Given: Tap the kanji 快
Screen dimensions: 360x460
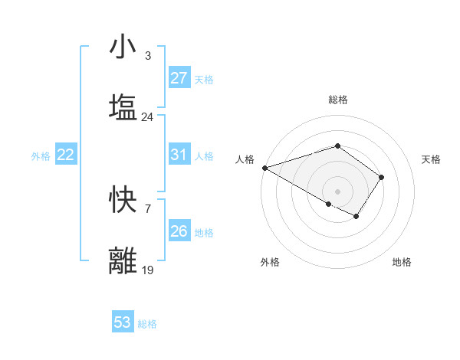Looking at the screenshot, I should pyautogui.click(x=123, y=201).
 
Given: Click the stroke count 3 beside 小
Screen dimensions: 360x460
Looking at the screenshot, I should pyautogui.click(x=147, y=56).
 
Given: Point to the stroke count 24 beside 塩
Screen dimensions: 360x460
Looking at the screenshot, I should pyautogui.click(x=147, y=117).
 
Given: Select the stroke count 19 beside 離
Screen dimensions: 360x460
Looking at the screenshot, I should pyautogui.click(x=147, y=270).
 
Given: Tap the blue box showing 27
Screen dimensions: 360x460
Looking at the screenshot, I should pyautogui.click(x=179, y=78).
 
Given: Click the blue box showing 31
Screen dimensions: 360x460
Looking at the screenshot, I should pyautogui.click(x=179, y=155).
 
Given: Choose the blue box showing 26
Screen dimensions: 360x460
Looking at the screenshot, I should pyautogui.click(x=179, y=231).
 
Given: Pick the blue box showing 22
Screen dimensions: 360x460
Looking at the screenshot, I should pyautogui.click(x=65, y=155).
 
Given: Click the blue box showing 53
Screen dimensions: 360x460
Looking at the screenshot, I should pyautogui.click(x=123, y=322).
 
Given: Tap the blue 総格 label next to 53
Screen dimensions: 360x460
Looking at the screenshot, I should pyautogui.click(x=147, y=324).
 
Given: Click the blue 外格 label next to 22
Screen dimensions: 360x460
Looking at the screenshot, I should pyautogui.click(x=41, y=156).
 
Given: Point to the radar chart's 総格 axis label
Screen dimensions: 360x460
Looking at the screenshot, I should pyautogui.click(x=337, y=100).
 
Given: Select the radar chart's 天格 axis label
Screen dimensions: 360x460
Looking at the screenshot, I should pyautogui.click(x=431, y=159).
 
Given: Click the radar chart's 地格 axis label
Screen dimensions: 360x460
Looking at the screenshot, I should pyautogui.click(x=402, y=262).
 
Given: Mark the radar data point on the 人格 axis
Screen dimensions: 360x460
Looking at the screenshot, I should pyautogui.click(x=264, y=168).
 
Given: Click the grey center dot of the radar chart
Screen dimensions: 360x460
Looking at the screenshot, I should pyautogui.click(x=337, y=191).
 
